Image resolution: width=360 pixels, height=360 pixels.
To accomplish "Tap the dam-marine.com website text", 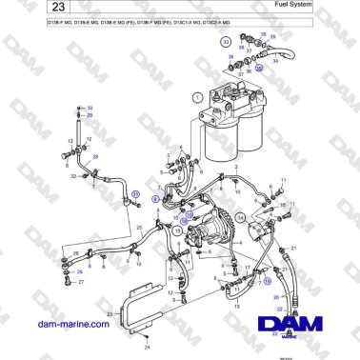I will tap(70, 326).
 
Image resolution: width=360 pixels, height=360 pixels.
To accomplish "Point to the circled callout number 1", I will tap(196, 96).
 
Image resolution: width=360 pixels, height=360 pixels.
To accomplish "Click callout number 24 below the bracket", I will tap(147, 350).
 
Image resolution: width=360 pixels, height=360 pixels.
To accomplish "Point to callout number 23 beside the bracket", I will tap(110, 312).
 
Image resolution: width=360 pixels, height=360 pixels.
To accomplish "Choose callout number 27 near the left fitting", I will tap(82, 282).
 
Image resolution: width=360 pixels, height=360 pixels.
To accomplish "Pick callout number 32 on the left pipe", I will tap(71, 175).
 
